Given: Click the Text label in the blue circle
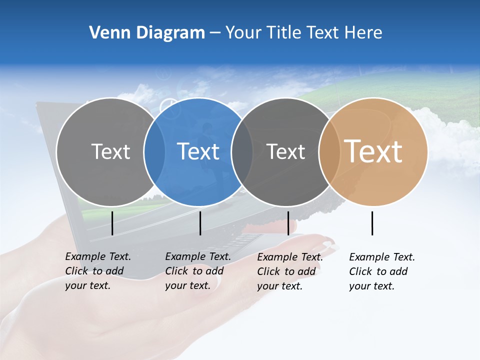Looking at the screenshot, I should (x=198, y=151).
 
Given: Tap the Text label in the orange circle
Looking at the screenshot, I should (x=373, y=151).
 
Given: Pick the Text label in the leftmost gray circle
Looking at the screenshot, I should (x=110, y=151).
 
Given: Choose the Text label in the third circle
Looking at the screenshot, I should (x=285, y=151).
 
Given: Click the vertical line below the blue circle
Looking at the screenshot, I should (x=200, y=223).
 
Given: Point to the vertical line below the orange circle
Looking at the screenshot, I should (x=372, y=223).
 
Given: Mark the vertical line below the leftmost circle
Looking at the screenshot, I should (x=112, y=223).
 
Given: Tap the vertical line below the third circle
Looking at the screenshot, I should (x=288, y=223).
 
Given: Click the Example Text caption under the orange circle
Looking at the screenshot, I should (x=381, y=271).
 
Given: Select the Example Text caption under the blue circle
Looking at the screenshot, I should (x=197, y=271).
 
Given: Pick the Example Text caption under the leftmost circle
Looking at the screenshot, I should (x=97, y=271).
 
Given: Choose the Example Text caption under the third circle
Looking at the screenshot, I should (x=289, y=271).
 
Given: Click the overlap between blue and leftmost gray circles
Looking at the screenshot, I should (x=154, y=152).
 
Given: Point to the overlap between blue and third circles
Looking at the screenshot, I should (x=242, y=152).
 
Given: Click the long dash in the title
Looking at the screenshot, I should (x=215, y=33).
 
